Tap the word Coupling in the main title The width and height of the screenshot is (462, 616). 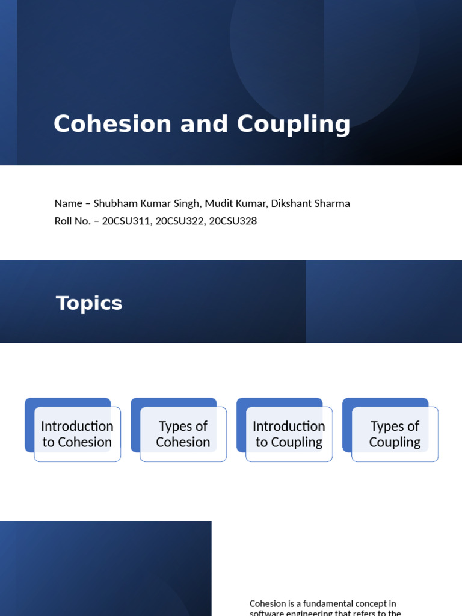(294, 125)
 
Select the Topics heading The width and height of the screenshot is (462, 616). (89, 303)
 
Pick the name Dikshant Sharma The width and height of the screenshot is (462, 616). (310, 203)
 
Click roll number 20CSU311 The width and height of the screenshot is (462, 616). (126, 221)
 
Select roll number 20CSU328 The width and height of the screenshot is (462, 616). (232, 221)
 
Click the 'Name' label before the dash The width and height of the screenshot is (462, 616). (68, 203)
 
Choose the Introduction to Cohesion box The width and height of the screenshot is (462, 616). (77, 434)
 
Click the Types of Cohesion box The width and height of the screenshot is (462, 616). (183, 434)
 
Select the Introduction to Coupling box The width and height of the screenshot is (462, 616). (289, 434)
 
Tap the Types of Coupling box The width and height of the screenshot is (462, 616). (395, 434)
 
